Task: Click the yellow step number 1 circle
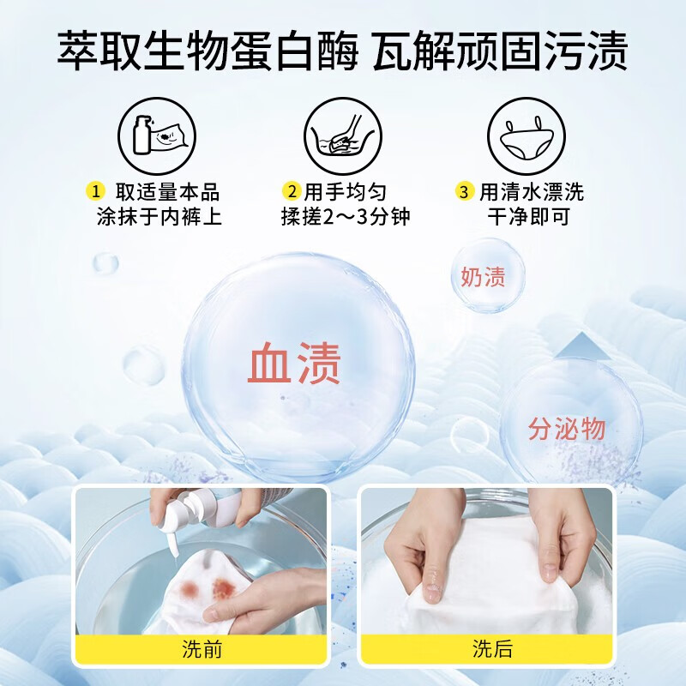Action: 95,190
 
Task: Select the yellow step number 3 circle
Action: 464,191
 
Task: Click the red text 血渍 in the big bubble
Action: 294,364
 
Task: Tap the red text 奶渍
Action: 483,276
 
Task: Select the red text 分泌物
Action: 567,429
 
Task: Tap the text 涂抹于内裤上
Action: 159,216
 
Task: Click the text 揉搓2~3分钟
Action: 346,216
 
